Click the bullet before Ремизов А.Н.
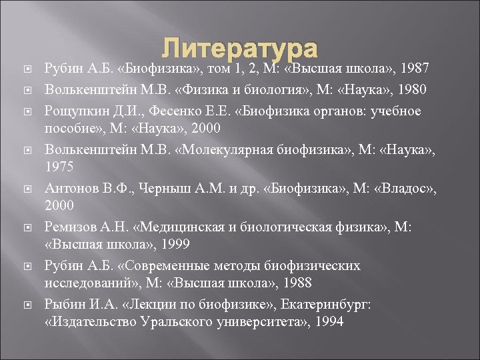(x=25, y=227)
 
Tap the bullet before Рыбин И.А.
(x=25, y=305)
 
